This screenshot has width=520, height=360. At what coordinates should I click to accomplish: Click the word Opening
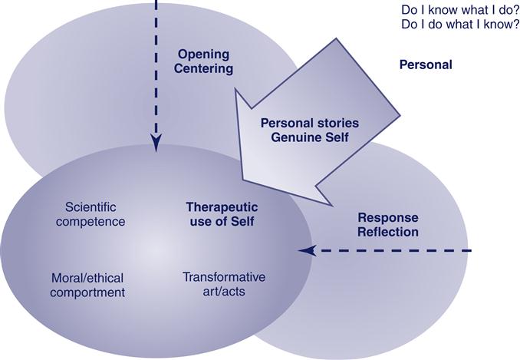tap(205, 54)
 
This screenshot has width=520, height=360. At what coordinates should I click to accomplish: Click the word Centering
tap(205, 69)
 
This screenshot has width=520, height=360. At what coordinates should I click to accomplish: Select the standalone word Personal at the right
tap(426, 64)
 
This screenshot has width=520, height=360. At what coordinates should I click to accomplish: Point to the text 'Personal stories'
tap(310, 122)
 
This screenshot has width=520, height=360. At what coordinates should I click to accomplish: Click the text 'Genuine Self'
tap(310, 137)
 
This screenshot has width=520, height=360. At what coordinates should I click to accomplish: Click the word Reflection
tap(388, 232)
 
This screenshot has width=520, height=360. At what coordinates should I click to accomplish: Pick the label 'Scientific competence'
tap(95, 214)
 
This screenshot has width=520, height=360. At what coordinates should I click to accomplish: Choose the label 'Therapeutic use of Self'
tap(222, 214)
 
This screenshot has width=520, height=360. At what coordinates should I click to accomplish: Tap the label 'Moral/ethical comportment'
tap(88, 284)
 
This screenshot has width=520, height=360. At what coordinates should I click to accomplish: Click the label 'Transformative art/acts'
tap(223, 283)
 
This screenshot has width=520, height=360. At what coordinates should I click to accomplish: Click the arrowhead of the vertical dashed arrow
tap(156, 143)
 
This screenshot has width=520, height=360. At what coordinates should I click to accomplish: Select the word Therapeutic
tap(222, 207)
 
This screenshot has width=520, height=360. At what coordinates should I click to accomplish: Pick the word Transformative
tap(223, 276)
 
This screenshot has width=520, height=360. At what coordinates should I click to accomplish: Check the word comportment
tap(88, 292)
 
